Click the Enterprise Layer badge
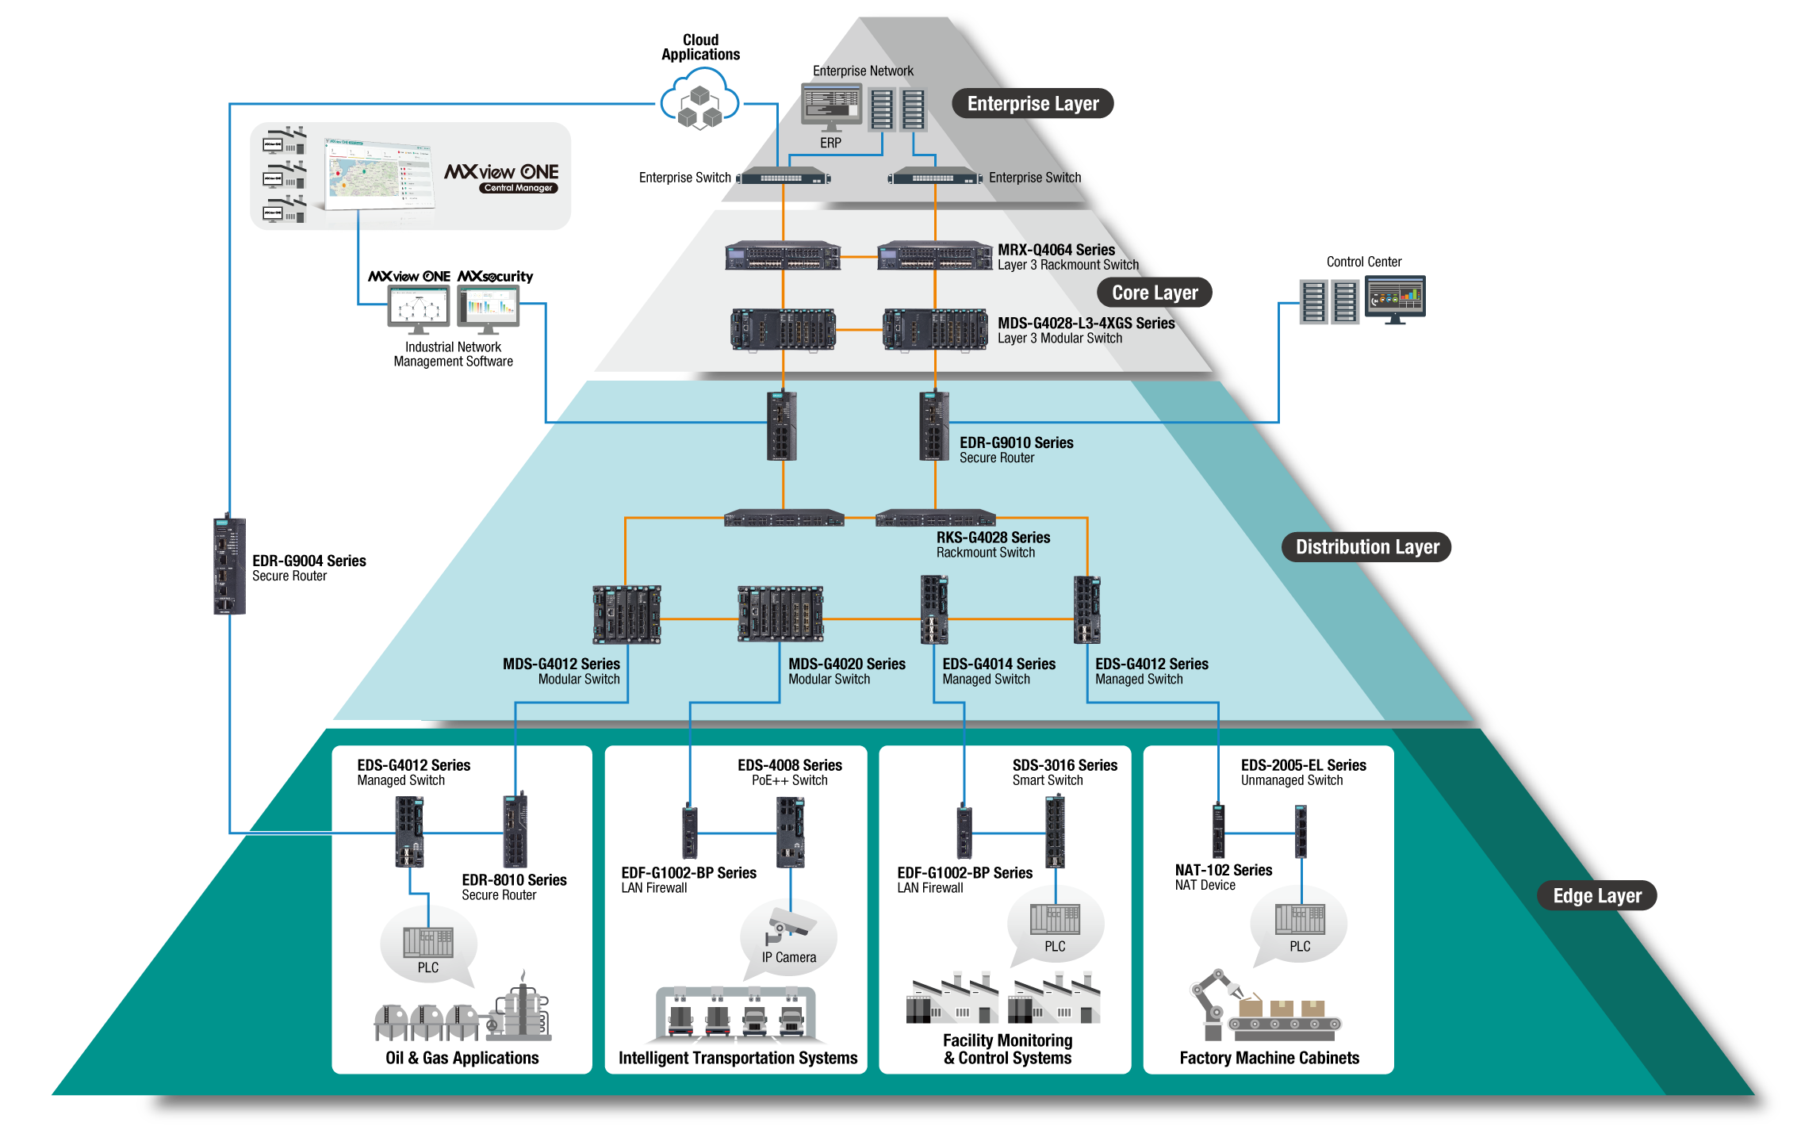[1033, 103]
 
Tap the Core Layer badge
[1155, 293]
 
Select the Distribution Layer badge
[1367, 547]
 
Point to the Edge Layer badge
[1597, 895]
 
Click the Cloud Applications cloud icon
[699, 99]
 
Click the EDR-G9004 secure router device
[229, 565]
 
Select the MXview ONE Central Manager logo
[501, 177]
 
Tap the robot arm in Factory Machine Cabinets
[1216, 1003]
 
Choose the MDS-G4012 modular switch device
[627, 615]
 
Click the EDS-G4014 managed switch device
[934, 609]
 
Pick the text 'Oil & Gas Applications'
[462, 1058]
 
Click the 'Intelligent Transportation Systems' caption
[738, 1058]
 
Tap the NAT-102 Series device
[1219, 831]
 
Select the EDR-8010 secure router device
[515, 829]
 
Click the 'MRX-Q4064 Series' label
[1056, 250]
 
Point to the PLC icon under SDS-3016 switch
[1055, 920]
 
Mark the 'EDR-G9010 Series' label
[1017, 442]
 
